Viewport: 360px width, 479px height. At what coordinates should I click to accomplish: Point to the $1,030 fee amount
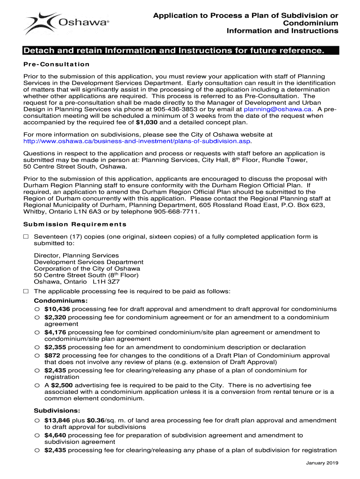pos(147,123)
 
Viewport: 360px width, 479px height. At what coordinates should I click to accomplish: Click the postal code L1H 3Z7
pos(106,282)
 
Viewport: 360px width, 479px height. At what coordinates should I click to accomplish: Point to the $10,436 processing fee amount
pos(57,309)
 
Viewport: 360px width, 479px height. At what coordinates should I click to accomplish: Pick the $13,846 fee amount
pos(57,421)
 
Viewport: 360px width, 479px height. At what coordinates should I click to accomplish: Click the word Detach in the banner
pos(38,50)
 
